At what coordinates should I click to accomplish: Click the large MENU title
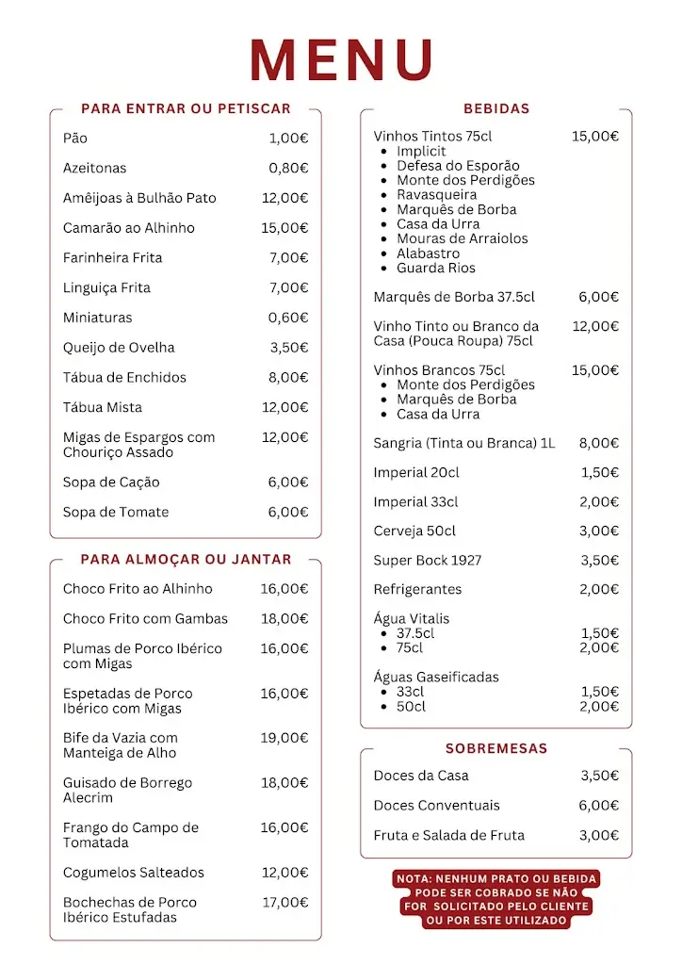coord(341,59)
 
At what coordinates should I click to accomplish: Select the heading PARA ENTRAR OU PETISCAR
coord(186,108)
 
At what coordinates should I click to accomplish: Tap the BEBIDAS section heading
coord(496,108)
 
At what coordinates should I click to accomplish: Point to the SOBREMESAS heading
coord(496,748)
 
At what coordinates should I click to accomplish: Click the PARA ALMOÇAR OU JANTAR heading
coord(186,559)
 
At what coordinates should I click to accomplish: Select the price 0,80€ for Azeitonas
coord(288,168)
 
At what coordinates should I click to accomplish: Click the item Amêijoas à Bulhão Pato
coord(139,198)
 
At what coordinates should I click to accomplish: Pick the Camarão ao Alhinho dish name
coord(129,228)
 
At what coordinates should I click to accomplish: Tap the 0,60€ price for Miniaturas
coord(288,318)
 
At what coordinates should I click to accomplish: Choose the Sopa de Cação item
coord(111,482)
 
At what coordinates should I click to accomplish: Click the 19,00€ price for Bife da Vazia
coord(284,738)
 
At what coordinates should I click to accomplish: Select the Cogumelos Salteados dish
coord(134,873)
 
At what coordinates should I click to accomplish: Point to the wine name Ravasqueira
coord(436,195)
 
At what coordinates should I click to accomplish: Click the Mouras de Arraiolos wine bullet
coord(462,238)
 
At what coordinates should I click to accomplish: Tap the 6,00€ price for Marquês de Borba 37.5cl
coord(598,297)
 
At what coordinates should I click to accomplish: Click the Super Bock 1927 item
coord(427,561)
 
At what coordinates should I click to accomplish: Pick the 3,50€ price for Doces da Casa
coord(599,776)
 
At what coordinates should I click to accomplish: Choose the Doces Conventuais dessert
coord(436,806)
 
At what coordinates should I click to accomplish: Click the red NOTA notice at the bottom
coord(496,899)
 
